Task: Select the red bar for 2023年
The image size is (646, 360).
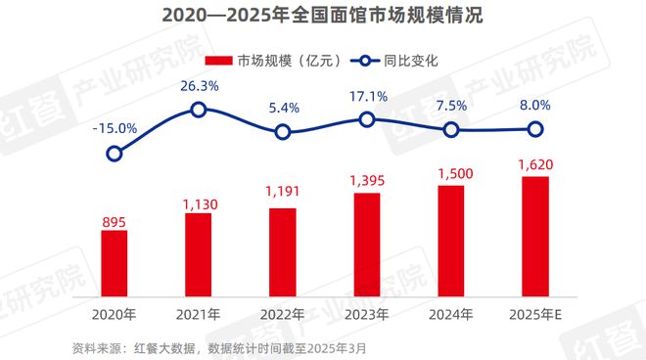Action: [366, 247]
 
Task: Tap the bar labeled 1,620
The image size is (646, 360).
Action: [535, 240]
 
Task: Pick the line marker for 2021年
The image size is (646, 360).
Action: [199, 110]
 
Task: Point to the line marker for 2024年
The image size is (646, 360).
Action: [451, 130]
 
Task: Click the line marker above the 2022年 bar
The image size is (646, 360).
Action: [283, 132]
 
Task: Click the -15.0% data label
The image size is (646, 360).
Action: [115, 126]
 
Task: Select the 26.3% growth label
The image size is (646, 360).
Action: [199, 85]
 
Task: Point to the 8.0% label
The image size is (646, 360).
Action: [535, 105]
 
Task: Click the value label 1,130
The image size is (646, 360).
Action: [199, 202]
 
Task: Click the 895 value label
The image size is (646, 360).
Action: [115, 224]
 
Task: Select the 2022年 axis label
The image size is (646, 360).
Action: [283, 315]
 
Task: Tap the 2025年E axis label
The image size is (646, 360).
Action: [536, 315]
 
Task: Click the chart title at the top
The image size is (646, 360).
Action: [323, 17]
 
